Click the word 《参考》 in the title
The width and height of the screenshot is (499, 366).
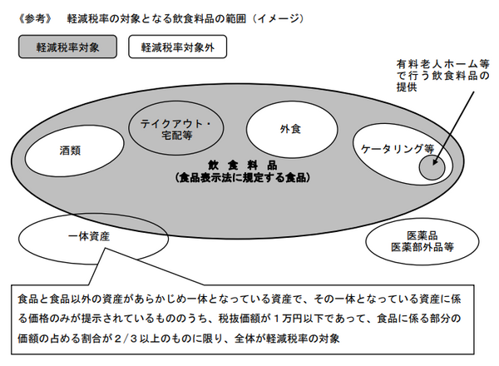33,17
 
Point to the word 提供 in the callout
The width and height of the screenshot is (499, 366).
407,88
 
